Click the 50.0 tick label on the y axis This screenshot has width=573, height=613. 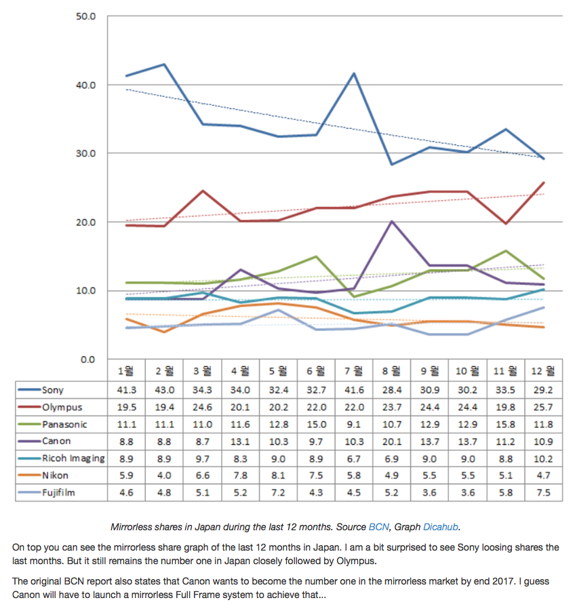pyautogui.click(x=85, y=16)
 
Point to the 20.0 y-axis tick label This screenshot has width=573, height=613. pyautogui.click(x=85, y=222)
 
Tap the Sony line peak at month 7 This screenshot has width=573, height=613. pyautogui.click(x=354, y=73)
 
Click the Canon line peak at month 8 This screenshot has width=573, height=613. pyautogui.click(x=392, y=221)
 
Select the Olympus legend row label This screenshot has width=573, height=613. pyautogui.click(x=62, y=408)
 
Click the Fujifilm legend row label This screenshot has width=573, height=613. pyautogui.click(x=58, y=492)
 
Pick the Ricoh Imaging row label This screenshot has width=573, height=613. pyautogui.click(x=73, y=458)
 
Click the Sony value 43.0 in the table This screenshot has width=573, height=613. pyautogui.click(x=164, y=390)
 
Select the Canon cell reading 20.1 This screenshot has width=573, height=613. pyautogui.click(x=392, y=441)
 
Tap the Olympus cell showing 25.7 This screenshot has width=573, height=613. pyautogui.click(x=543, y=408)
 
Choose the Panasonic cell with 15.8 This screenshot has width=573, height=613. pyautogui.click(x=505, y=424)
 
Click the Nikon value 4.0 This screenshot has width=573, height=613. pyautogui.click(x=164, y=475)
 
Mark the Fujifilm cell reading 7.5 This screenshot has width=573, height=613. pyautogui.click(x=543, y=492)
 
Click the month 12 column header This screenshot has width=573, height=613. pyautogui.click(x=543, y=371)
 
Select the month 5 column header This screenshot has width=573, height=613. pyautogui.click(x=278, y=371)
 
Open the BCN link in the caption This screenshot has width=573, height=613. pyautogui.click(x=379, y=527)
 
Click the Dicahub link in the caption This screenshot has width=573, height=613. pyautogui.click(x=441, y=527)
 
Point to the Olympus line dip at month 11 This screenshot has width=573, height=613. pyautogui.click(x=506, y=223)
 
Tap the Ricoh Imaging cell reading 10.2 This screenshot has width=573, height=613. pyautogui.click(x=543, y=459)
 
